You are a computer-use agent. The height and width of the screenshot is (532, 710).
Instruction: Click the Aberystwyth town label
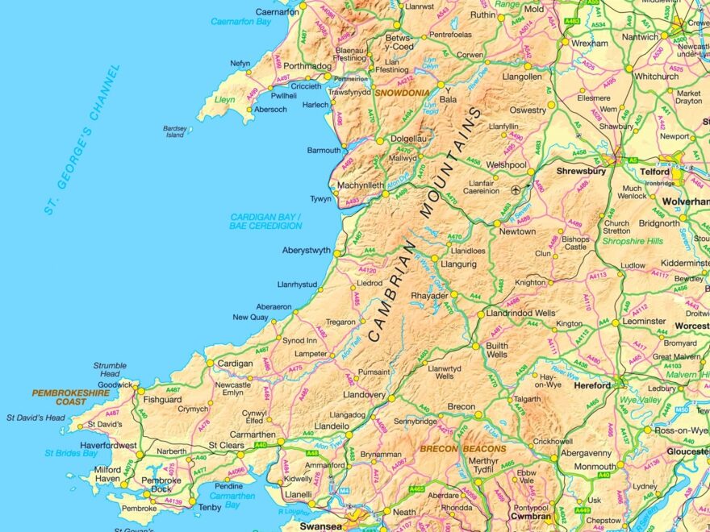click(306, 251)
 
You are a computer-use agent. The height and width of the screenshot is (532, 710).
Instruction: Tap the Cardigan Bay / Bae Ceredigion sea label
click(265, 222)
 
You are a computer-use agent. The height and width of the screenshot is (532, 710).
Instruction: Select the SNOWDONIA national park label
click(401, 93)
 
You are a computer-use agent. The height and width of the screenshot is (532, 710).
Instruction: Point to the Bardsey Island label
click(174, 131)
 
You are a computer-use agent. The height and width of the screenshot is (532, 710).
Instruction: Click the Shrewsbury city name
click(581, 172)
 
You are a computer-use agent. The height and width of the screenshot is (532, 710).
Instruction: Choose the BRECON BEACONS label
click(462, 448)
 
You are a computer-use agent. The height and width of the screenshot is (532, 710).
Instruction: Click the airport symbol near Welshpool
click(516, 190)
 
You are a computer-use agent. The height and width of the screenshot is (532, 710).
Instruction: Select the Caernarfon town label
click(277, 12)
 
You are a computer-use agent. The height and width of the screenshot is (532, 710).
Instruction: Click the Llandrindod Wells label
click(521, 313)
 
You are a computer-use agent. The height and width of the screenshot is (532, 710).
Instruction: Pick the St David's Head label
click(35, 418)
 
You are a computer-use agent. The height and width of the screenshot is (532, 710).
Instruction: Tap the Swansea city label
click(322, 526)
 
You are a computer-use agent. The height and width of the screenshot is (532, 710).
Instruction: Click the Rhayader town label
click(429, 296)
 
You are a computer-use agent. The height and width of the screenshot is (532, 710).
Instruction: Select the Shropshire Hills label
click(633, 241)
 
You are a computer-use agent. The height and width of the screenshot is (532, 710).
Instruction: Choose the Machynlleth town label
click(361, 185)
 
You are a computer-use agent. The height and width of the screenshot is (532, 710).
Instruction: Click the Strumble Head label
click(110, 369)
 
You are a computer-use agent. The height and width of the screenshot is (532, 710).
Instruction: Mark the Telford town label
click(655, 172)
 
